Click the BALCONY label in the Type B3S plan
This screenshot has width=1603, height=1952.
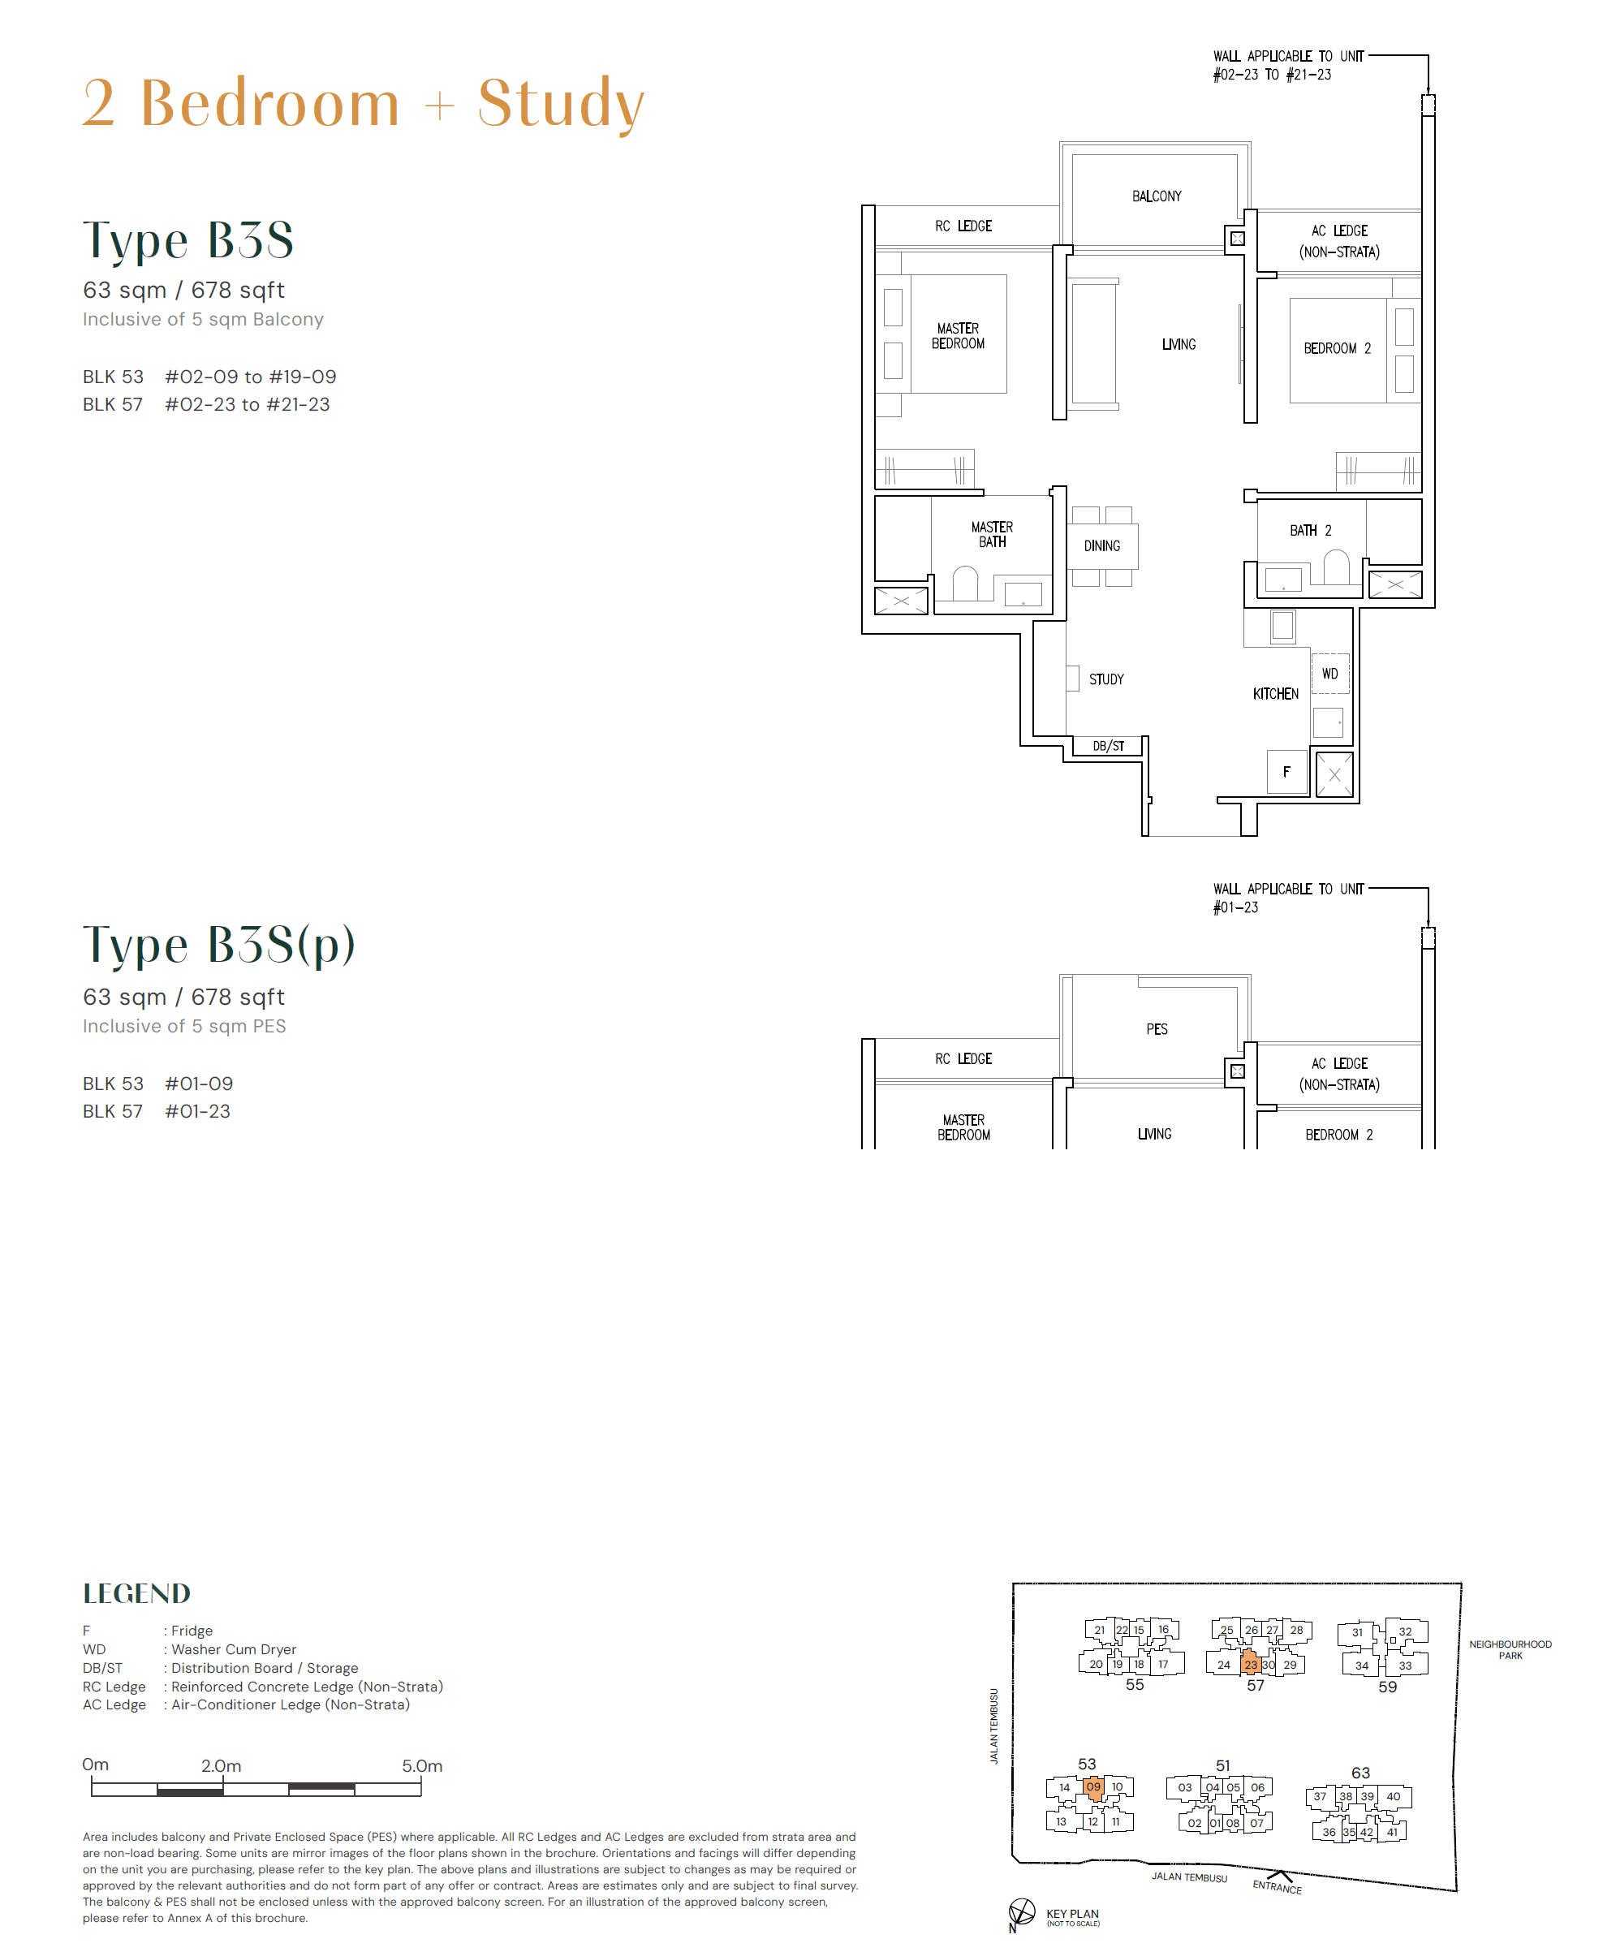(1156, 196)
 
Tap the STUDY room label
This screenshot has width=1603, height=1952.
(1105, 679)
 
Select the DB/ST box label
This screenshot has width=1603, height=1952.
(1108, 746)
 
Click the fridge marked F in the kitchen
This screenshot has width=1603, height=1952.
(1286, 772)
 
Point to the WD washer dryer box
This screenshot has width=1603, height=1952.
(1329, 674)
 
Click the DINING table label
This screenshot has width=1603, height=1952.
(1101, 545)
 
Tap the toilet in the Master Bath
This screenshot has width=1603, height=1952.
(965, 584)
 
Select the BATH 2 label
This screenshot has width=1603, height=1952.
(1310, 530)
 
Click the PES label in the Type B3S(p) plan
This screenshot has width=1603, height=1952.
(1156, 1028)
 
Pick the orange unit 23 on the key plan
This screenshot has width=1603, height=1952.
(1250, 1664)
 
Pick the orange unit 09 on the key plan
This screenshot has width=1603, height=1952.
(1093, 1786)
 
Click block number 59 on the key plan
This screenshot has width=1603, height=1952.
(1387, 1686)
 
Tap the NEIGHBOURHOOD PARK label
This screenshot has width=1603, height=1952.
(1510, 1649)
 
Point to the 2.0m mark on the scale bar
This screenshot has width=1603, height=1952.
(222, 1765)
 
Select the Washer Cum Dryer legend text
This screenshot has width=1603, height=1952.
(234, 1649)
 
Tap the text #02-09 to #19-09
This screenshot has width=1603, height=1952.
(250, 377)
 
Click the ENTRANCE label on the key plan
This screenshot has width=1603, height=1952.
(1277, 1886)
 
